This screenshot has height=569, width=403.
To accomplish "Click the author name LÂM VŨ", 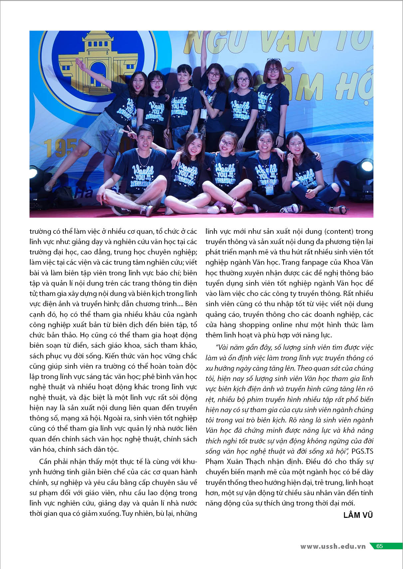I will pyautogui.click(x=358, y=515).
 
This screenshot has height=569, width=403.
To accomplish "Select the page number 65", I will pyautogui.click(x=380, y=546).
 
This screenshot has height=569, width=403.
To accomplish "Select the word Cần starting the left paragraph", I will pyautogui.click(x=46, y=461).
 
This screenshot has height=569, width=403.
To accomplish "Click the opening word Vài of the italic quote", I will pyautogui.click(x=223, y=347).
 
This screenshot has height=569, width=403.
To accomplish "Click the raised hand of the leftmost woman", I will pyautogui.click(x=79, y=62).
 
